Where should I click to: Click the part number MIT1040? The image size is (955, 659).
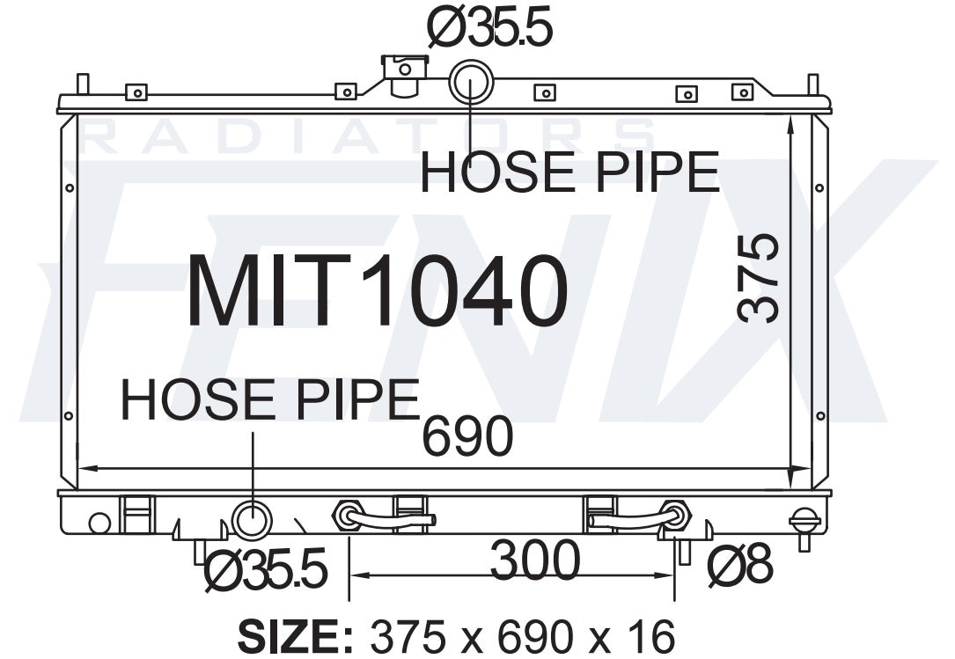pyautogui.click(x=378, y=291)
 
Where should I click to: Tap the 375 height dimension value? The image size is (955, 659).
pyautogui.click(x=758, y=278)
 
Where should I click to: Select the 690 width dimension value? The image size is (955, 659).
pyautogui.click(x=467, y=436)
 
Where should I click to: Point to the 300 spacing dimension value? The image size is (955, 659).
pyautogui.click(x=535, y=560)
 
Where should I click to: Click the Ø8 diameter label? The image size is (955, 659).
pyautogui.click(x=740, y=566)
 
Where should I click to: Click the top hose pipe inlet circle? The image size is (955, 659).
pyautogui.click(x=471, y=81)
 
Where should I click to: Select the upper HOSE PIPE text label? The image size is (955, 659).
pyautogui.click(x=570, y=172)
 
